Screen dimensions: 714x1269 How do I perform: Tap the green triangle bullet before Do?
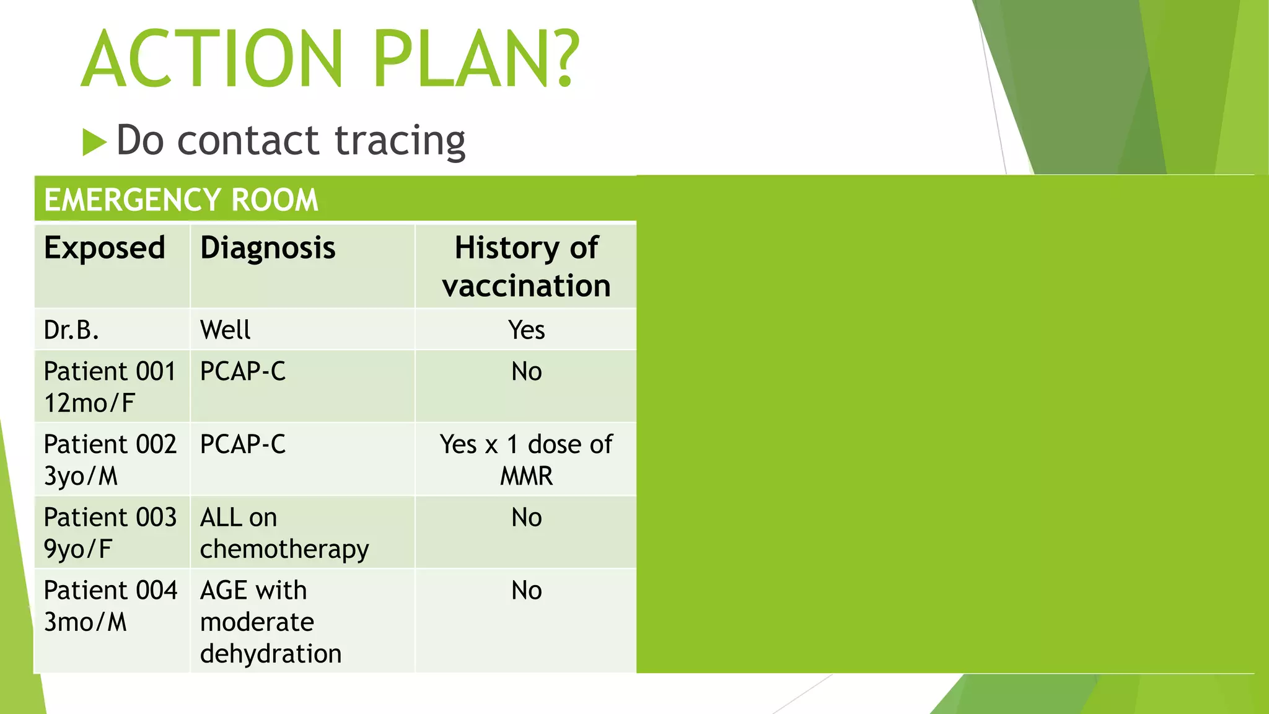94,142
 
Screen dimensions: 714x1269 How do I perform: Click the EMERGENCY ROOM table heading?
181,200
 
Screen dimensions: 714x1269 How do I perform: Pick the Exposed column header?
105,248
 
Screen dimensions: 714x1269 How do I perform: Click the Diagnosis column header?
268,248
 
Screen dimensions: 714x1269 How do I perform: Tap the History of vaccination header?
526,267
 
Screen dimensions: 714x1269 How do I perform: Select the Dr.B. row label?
71,330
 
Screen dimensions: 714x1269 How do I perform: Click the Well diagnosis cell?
226,330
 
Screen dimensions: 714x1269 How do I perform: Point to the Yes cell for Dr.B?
526,330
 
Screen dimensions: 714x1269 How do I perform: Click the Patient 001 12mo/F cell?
110,387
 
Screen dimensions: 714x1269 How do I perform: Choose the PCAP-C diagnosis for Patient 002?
243,444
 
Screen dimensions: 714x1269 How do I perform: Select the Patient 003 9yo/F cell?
110,532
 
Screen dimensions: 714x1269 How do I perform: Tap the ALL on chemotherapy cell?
284,532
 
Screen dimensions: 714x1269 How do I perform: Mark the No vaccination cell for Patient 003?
526,518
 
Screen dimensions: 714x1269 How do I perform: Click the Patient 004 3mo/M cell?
110,606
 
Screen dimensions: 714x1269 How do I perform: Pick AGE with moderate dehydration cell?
270,622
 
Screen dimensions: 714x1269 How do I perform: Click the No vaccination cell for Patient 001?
526,372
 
